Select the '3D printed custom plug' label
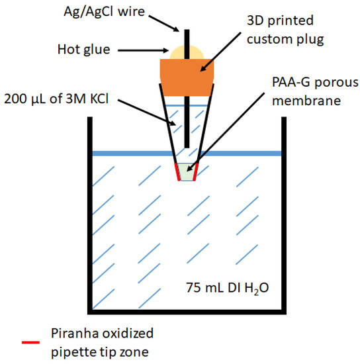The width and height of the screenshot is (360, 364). point(289,30)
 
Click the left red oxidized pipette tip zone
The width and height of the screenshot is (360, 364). point(177,172)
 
